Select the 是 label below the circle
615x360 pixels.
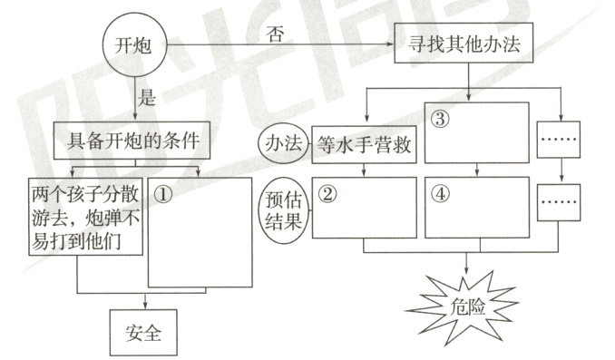click(x=146, y=96)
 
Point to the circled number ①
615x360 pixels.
click(x=163, y=193)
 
